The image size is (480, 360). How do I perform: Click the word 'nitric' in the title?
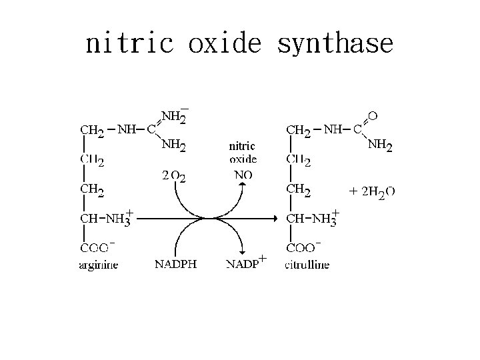click(x=129, y=44)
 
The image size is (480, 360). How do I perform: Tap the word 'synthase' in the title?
click(x=335, y=44)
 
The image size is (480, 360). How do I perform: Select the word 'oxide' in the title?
click(x=226, y=44)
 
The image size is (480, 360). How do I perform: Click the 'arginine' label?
click(x=99, y=265)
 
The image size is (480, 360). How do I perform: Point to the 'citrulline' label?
click(x=307, y=265)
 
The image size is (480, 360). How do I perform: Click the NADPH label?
click(x=175, y=264)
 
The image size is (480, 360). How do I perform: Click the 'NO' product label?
click(x=243, y=175)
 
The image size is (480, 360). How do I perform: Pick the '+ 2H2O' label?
click(x=372, y=192)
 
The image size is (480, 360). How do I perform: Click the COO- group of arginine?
click(x=98, y=247)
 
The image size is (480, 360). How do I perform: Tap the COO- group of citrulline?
click(x=303, y=247)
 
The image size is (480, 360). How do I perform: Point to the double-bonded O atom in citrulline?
click(x=373, y=116)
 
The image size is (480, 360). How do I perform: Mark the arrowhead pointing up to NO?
click(x=243, y=186)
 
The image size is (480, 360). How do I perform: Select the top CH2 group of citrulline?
click(x=298, y=131)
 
